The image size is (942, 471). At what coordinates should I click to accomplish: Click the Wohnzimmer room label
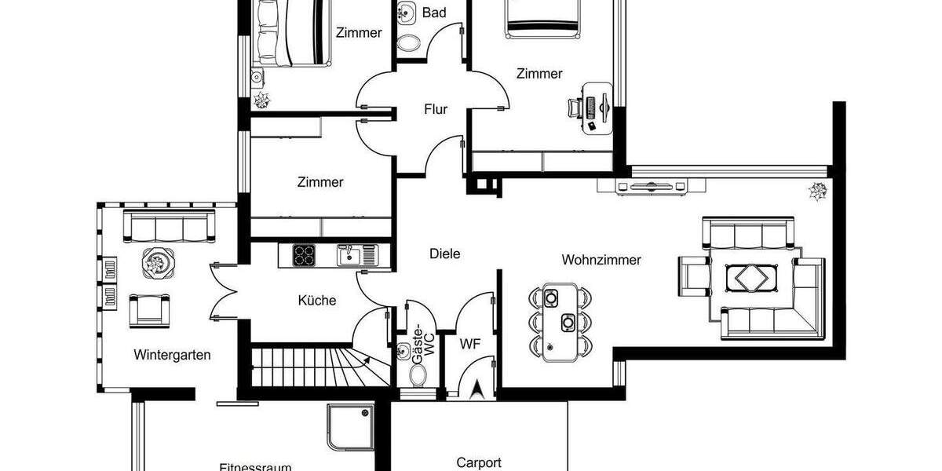click(x=601, y=260)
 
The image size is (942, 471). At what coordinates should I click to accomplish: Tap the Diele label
click(x=444, y=254)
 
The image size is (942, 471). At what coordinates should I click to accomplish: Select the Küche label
click(x=317, y=300)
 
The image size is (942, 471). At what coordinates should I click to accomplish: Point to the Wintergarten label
click(x=172, y=355)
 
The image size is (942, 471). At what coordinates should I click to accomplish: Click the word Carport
click(x=478, y=462)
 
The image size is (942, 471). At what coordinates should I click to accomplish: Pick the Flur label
click(x=436, y=109)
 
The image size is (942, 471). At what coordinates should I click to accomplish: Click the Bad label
click(x=434, y=13)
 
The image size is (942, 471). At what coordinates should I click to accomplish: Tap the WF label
click(x=470, y=342)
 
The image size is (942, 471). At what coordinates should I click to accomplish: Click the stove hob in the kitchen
click(x=304, y=254)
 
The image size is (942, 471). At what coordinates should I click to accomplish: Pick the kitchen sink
click(x=351, y=254)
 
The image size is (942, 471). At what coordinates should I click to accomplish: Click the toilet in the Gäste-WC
click(x=418, y=374)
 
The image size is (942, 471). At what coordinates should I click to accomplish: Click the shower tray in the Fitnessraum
click(x=350, y=428)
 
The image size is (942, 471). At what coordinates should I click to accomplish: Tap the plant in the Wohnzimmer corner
click(x=818, y=191)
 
